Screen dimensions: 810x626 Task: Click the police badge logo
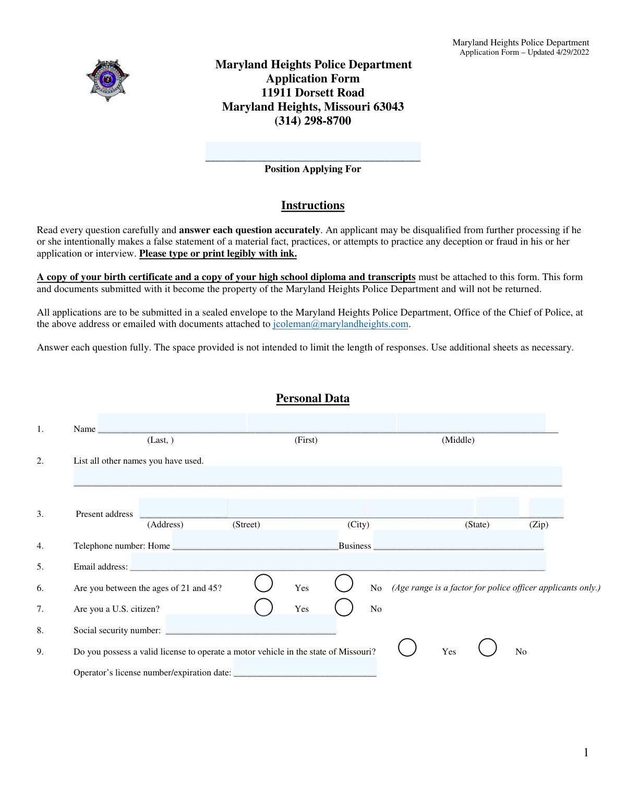point(107,80)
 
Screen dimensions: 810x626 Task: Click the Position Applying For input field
point(313,151)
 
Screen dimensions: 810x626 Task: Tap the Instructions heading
point(312,205)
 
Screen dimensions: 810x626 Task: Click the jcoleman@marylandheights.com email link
point(340,324)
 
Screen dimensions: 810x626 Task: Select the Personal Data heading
point(312,398)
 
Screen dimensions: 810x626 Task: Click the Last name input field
point(172,422)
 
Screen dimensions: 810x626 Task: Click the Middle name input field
point(471,422)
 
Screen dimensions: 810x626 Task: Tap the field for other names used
point(318,476)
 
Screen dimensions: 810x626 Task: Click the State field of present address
point(497,507)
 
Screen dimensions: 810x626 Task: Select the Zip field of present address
point(546,507)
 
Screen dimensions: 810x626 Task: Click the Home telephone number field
point(255,540)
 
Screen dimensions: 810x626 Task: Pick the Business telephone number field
point(459,540)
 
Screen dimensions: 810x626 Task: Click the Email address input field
point(338,562)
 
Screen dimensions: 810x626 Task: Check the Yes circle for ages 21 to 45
point(263,583)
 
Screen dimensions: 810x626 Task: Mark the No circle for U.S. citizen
point(344,607)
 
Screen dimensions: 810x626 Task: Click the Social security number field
point(250,624)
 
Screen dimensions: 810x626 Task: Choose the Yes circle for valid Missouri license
point(407,647)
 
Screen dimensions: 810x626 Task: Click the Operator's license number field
point(305,667)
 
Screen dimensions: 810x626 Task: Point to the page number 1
point(586,752)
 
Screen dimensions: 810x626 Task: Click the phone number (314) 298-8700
point(312,121)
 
